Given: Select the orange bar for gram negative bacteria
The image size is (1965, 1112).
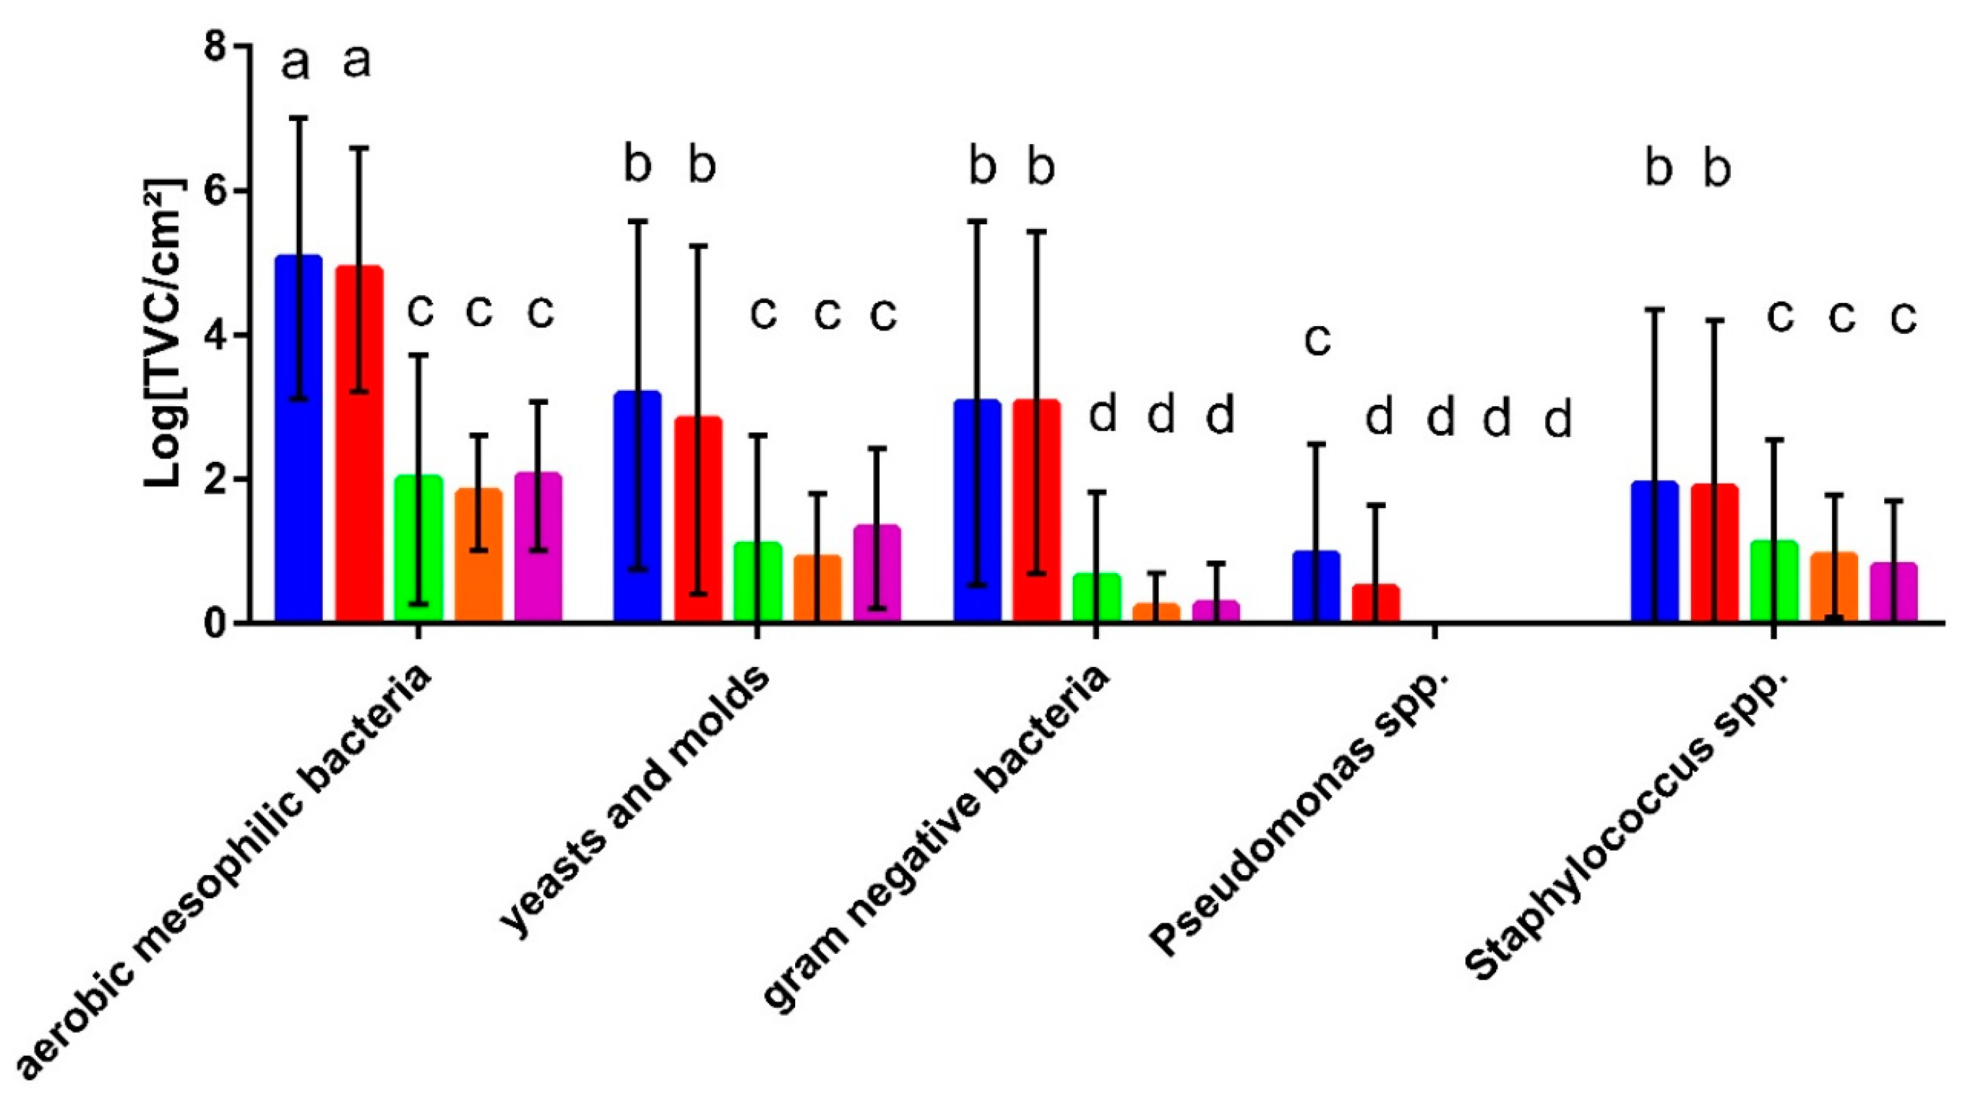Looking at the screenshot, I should (x=1157, y=612).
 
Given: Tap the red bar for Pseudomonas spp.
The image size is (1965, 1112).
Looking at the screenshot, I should (x=1376, y=603).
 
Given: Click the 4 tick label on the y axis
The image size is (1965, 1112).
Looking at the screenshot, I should (x=215, y=335).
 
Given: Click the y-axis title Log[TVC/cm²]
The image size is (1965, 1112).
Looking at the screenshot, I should (x=166, y=335).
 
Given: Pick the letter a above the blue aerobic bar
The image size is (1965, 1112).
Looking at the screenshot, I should (x=296, y=63).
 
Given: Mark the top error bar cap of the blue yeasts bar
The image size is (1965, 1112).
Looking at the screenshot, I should (x=638, y=221).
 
